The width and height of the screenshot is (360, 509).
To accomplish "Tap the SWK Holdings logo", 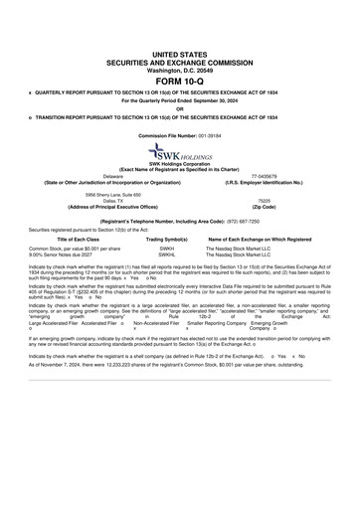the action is coord(180,152).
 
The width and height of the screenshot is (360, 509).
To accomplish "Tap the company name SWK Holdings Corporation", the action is coord(180,164).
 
